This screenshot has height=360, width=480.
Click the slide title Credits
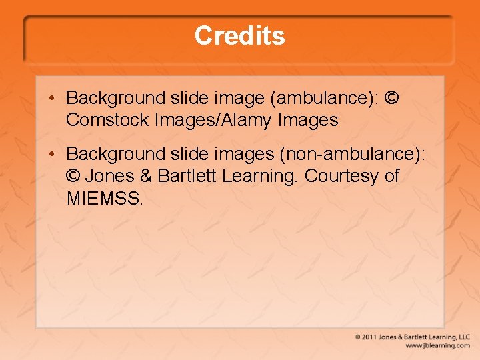click(x=239, y=35)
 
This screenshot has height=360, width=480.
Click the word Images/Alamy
click(x=215, y=121)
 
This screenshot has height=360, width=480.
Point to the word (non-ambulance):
click(x=351, y=154)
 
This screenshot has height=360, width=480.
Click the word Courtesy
click(x=340, y=176)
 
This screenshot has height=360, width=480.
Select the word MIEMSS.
click(x=104, y=198)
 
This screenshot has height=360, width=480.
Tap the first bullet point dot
click(x=51, y=99)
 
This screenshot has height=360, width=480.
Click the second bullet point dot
click(x=51, y=155)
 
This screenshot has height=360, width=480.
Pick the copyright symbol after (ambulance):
click(x=393, y=98)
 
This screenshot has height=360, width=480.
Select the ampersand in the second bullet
click(x=147, y=176)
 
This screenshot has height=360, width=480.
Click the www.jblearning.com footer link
click(x=437, y=346)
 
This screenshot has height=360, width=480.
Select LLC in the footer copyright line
click(x=463, y=337)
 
